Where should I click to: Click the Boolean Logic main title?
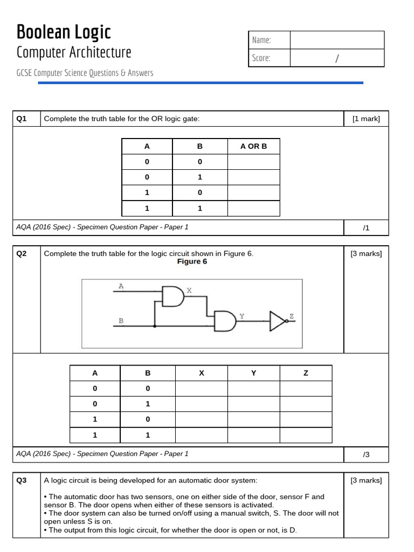[x=64, y=32]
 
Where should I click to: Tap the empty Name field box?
[x=337, y=40]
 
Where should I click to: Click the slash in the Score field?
[x=336, y=58]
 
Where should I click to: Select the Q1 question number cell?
[x=22, y=119]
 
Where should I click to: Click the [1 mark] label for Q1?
[x=366, y=119]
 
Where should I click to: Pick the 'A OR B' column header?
[x=253, y=146]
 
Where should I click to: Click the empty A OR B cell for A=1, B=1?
[x=253, y=208]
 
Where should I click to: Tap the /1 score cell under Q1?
[x=366, y=227]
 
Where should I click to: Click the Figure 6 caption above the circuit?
[x=192, y=262]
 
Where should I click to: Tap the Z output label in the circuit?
[x=292, y=316]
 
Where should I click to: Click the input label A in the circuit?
[x=121, y=286]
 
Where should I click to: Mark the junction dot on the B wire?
[x=155, y=326]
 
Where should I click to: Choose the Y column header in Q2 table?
[x=253, y=373]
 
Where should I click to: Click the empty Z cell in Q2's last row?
[x=306, y=434]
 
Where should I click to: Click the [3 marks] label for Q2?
[x=366, y=253]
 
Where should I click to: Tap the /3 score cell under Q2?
[x=366, y=454]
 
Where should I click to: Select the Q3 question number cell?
[x=22, y=480]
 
